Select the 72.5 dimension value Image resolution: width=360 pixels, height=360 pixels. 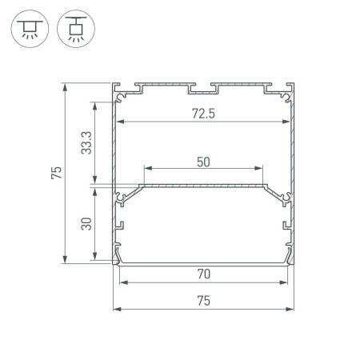203,113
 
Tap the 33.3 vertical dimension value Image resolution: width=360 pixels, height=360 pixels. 87,142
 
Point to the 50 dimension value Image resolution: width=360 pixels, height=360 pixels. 203,161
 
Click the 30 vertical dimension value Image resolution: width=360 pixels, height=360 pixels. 87,223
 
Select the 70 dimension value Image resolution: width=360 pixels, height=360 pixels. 203,274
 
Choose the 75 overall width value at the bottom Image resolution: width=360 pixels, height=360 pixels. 203,301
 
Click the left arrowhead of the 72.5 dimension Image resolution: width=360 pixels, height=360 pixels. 122,122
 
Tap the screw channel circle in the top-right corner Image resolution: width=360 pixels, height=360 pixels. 286,98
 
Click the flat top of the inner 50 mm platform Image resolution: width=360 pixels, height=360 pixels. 203,184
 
